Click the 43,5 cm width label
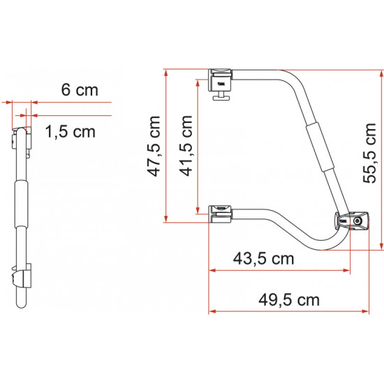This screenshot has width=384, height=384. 263,258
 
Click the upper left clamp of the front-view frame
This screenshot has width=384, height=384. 222,77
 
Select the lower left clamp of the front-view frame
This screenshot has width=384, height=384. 222,212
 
